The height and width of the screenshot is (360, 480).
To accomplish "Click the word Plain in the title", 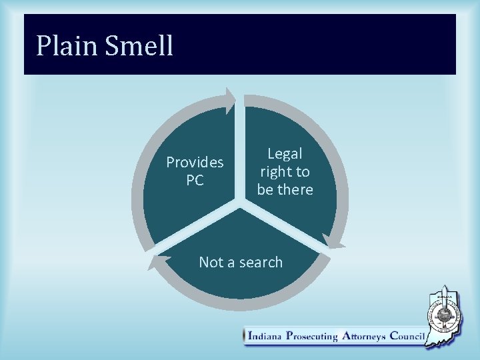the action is [x=64, y=46].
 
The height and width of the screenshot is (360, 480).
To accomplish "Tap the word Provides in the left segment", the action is [x=195, y=162].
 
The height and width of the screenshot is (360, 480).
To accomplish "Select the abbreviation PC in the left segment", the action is [x=195, y=180].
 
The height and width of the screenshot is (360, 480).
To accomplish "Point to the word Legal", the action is [x=285, y=153].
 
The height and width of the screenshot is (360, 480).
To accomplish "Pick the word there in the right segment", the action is [x=297, y=189].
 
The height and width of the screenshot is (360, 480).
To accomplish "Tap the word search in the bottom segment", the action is [x=255, y=262].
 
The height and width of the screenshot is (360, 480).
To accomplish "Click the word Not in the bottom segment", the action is [x=210, y=262].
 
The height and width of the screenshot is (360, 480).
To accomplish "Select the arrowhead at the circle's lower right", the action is [x=331, y=242].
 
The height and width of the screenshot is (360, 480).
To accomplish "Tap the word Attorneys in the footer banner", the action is [x=366, y=337].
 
